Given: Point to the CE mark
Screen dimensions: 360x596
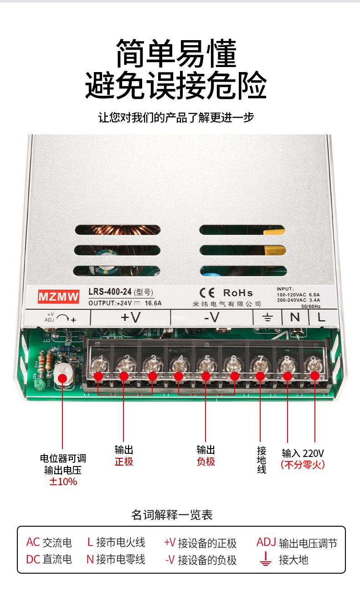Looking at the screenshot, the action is coord(207,293).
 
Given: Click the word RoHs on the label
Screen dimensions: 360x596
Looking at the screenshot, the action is coord(238,293).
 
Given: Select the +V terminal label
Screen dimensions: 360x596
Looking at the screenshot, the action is coord(130,317).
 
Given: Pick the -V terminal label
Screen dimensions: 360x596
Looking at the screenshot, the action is coord(211,317).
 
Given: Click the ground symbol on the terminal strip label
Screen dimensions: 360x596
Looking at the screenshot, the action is coord(267,318).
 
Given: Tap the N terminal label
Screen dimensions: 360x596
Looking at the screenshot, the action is coord(295,317).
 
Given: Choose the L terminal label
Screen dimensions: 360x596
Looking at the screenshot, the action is coord(322,317).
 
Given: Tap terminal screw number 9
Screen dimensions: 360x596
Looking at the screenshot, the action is coord(313,365).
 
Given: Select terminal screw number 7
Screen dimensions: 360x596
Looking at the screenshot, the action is coord(260,365).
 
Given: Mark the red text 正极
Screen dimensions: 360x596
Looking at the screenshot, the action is coord(124,461).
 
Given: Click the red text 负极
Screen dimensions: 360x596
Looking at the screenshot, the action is coord(206,461).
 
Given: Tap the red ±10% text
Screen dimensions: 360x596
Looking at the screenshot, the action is coord(63,482).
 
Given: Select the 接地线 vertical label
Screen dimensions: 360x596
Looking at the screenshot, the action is coord(262,460).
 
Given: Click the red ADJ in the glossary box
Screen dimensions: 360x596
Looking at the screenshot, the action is coord(266,542).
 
